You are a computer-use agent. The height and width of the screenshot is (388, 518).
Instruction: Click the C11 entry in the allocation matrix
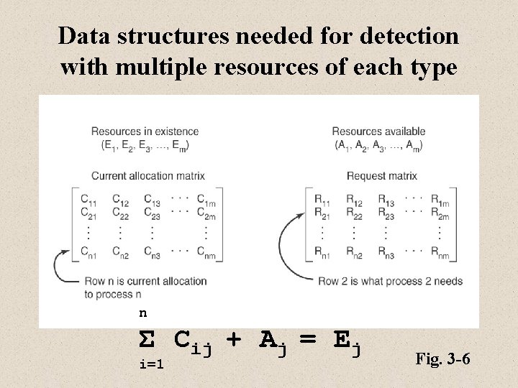click(88, 200)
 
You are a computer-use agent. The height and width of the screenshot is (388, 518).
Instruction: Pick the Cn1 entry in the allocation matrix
click(89, 252)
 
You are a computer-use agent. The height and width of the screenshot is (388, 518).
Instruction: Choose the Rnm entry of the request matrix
click(439, 252)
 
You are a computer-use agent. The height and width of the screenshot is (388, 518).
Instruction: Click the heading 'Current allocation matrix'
click(148, 175)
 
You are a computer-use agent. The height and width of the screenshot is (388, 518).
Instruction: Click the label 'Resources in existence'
click(145, 131)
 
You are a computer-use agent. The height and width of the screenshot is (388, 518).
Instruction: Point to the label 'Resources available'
click(378, 131)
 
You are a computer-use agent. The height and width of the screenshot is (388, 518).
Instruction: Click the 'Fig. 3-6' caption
click(442, 358)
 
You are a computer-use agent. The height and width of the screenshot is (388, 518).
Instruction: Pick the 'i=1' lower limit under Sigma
click(151, 364)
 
